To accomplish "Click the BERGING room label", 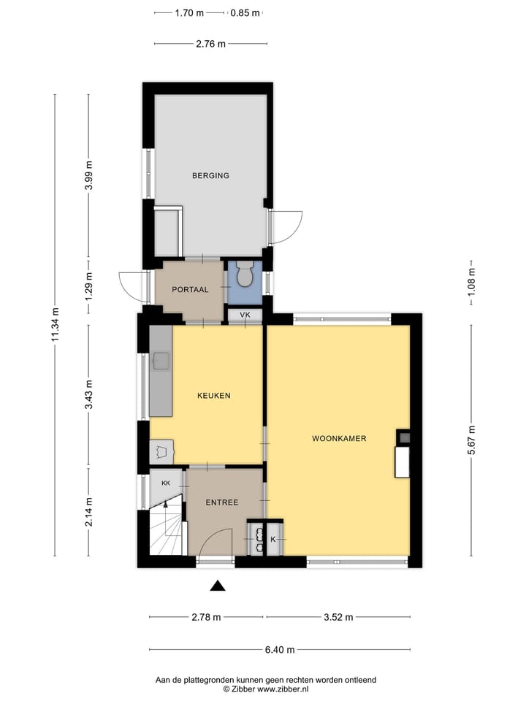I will (210, 175).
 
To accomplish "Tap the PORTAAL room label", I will (190, 289).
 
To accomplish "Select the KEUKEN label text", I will (214, 396).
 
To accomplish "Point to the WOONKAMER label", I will (339, 439).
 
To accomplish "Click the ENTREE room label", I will (221, 502).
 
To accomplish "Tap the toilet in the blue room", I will (245, 275).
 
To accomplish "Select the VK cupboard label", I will (245, 315).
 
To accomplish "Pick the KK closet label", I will (166, 483).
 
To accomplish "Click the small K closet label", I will (273, 540).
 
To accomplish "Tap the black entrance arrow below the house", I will (217, 585).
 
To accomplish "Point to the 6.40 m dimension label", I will (279, 650).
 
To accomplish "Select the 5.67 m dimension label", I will (471, 440).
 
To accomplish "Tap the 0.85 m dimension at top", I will (245, 12).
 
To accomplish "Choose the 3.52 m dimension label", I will (338, 617).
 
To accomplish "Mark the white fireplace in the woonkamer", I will (402, 462).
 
